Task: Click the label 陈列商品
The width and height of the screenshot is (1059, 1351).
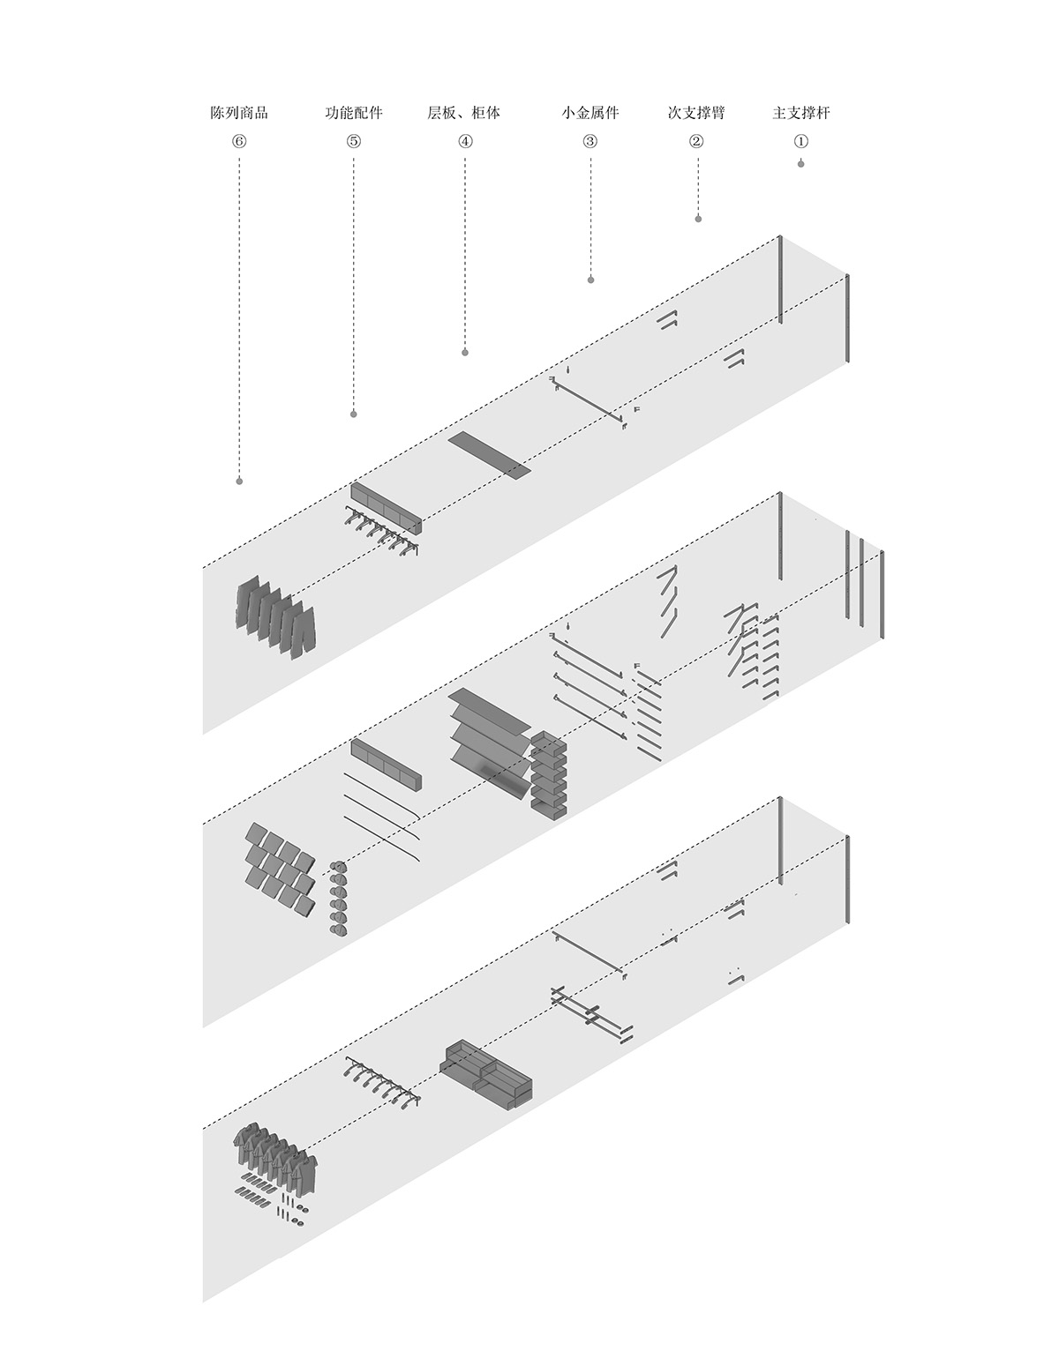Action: point(239,113)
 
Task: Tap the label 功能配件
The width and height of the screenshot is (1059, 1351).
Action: point(353,113)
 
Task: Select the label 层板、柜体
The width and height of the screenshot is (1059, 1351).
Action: point(463,113)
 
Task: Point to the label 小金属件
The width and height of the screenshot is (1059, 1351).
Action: point(590,113)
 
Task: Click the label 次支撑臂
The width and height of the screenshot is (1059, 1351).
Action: point(696,113)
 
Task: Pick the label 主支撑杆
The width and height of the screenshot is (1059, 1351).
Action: point(800,113)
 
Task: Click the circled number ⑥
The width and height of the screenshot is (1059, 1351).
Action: point(239,141)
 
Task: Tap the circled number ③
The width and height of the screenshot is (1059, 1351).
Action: point(590,141)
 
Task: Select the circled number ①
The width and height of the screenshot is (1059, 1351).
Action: point(800,141)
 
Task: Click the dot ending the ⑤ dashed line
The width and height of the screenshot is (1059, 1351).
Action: point(353,414)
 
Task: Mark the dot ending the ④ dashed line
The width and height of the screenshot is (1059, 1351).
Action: point(465,353)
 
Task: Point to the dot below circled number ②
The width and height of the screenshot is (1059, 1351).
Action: point(698,219)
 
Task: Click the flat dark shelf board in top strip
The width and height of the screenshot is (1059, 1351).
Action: point(490,456)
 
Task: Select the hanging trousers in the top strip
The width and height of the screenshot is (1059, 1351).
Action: point(275,616)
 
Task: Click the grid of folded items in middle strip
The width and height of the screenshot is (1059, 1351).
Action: point(280,870)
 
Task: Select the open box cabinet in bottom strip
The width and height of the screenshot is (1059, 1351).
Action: point(486,1075)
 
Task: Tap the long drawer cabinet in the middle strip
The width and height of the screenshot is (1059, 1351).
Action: point(386,764)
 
